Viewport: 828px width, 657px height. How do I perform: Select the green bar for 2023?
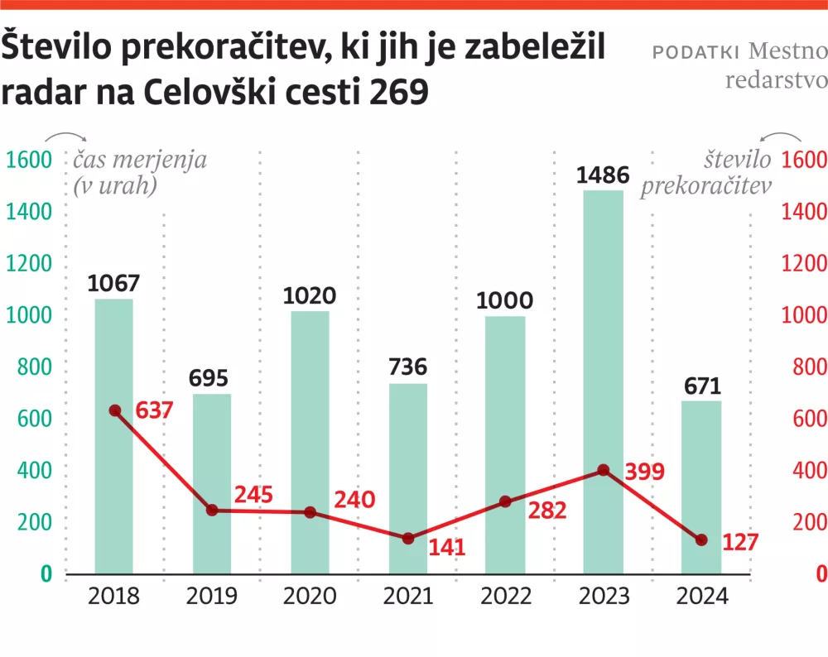point(603,381)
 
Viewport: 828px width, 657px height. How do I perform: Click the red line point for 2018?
point(115,410)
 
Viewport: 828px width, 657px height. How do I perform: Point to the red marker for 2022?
point(506,501)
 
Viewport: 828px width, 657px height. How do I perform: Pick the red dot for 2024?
point(701,540)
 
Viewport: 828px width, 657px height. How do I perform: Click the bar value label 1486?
point(603,175)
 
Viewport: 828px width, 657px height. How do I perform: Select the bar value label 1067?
point(114,284)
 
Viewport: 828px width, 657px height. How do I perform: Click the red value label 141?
point(447,547)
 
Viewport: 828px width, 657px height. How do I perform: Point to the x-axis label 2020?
point(310,597)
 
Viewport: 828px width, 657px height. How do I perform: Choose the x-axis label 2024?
point(701,597)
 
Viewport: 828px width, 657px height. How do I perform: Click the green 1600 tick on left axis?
point(29,160)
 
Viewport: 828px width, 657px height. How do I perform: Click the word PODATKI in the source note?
point(696,52)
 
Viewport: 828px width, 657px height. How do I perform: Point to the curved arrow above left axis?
point(65,138)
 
